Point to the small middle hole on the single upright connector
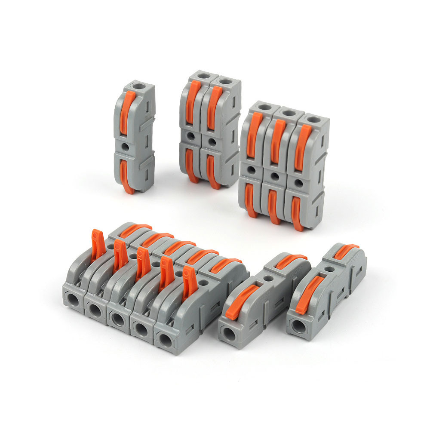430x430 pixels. click(126, 147)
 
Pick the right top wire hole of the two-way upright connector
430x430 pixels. click(224, 81)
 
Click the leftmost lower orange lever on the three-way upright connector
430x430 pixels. click(249, 200)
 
